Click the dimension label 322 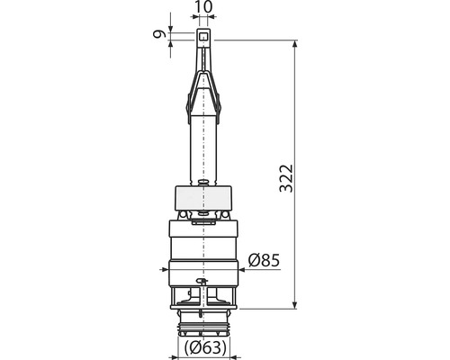[x=286, y=178]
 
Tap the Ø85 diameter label [x=264, y=260]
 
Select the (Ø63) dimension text [x=205, y=347]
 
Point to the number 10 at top [x=203, y=7]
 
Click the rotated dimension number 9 [x=159, y=34]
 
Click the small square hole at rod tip [x=203, y=37]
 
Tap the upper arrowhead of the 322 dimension [x=294, y=44]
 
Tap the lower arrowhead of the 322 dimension [x=294, y=304]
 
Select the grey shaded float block [x=203, y=198]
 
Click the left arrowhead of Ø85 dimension [x=165, y=269]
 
